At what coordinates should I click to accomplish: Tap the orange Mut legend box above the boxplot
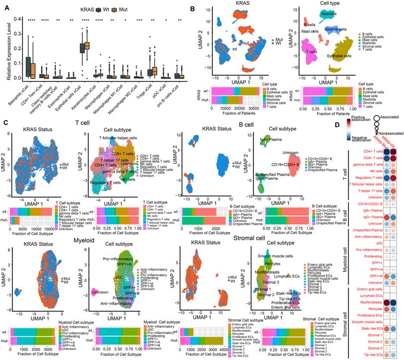click(x=128, y=10)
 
